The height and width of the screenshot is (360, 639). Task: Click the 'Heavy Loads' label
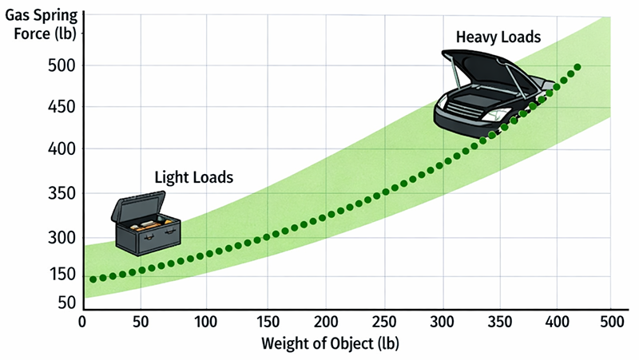coord(498,37)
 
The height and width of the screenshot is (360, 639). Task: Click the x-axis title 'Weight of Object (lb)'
coord(330,344)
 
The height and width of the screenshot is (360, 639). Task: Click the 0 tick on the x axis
coord(82,322)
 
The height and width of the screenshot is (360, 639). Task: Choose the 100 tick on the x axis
coord(207,322)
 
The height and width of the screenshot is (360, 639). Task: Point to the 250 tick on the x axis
coord(385,322)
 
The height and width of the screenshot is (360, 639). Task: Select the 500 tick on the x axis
coord(610,322)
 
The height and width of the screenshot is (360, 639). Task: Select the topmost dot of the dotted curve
coord(577,67)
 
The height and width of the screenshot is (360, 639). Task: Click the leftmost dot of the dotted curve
coord(93,279)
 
